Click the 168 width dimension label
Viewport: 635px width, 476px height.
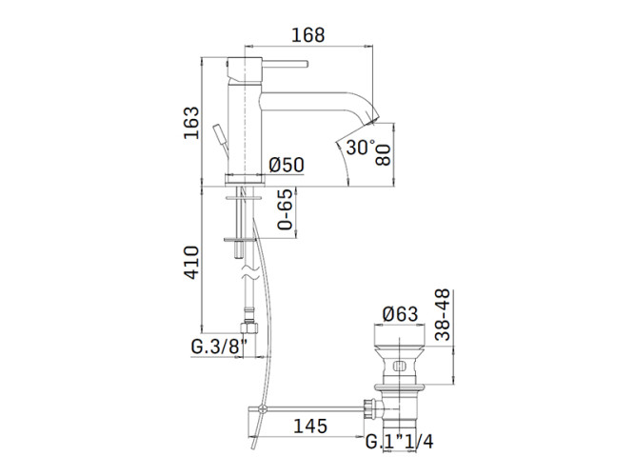[x=308, y=35]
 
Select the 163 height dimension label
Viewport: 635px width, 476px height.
[x=191, y=123]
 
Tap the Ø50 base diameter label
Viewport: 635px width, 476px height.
[x=287, y=165]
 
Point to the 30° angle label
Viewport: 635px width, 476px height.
[x=361, y=147]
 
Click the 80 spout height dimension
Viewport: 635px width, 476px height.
[x=383, y=155]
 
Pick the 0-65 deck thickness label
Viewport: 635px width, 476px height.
[x=285, y=209]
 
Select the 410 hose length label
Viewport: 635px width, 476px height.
[x=191, y=262]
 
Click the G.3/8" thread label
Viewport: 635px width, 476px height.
[x=219, y=347]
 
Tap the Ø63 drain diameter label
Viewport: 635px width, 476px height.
[x=400, y=314]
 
